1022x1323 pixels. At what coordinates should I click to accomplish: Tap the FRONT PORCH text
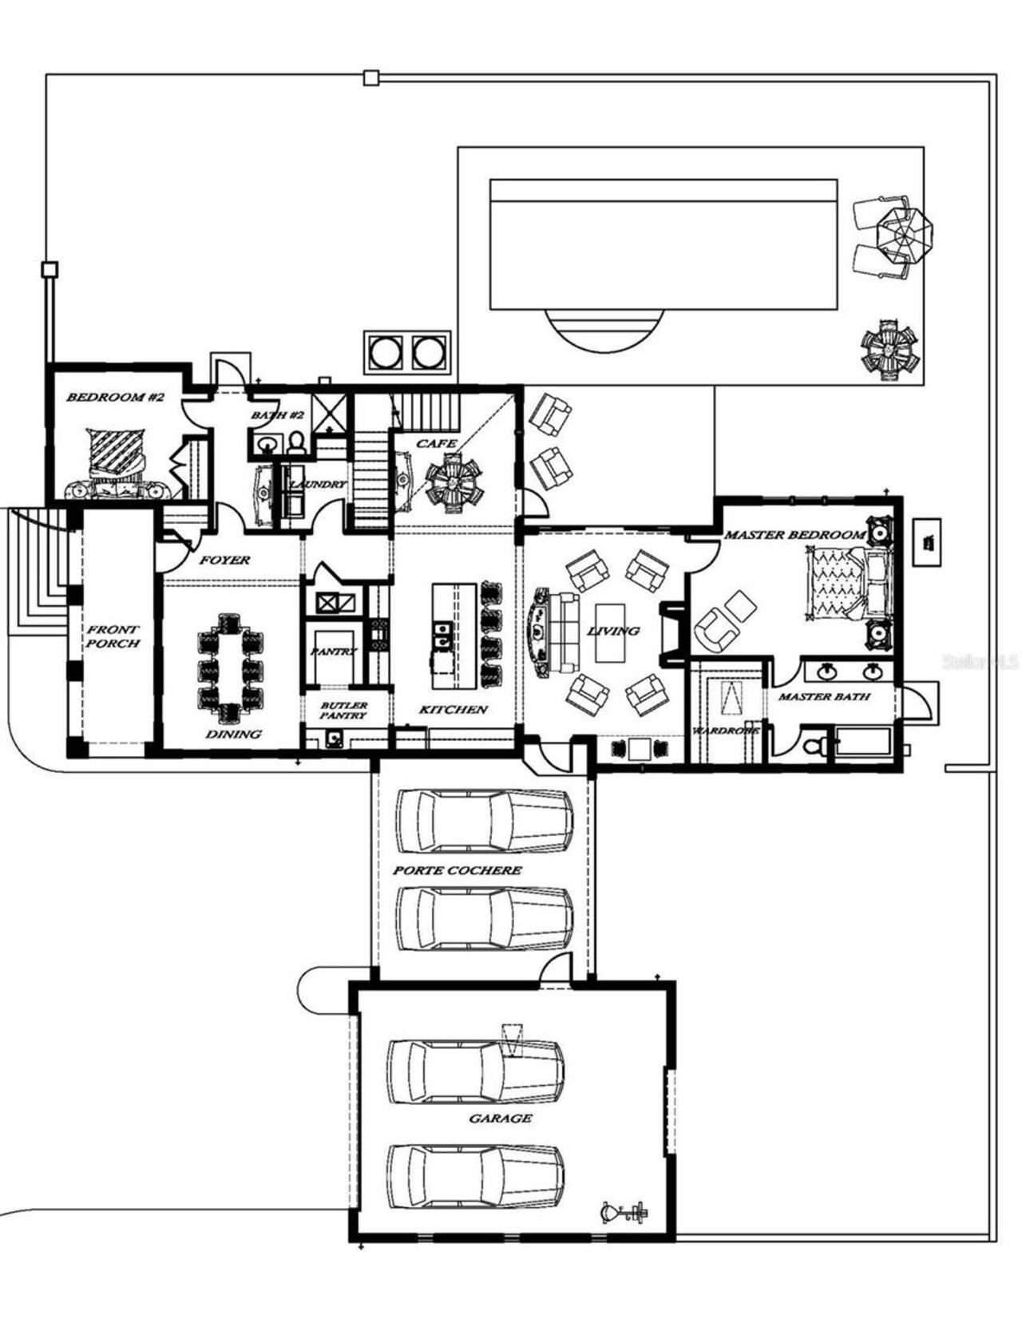(113, 636)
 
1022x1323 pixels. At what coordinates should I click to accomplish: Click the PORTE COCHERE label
(457, 869)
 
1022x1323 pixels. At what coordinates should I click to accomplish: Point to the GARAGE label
(500, 1119)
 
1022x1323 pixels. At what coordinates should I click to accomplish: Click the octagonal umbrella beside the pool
(904, 233)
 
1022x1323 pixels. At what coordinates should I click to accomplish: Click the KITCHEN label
(453, 709)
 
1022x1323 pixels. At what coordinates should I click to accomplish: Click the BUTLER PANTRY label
(343, 710)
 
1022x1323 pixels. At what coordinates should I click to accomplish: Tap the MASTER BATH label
(823, 696)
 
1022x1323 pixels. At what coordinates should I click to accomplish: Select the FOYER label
(224, 560)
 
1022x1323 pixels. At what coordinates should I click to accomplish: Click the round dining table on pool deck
(888, 351)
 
